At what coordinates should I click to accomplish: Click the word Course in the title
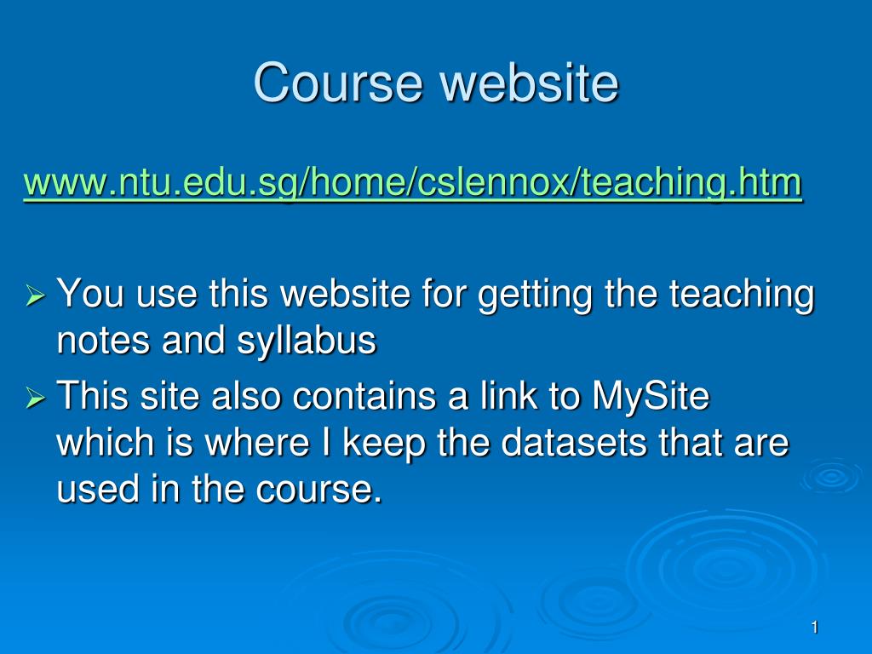tap(337, 83)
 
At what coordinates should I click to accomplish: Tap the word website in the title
tap(529, 83)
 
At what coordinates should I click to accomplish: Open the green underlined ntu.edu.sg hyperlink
tap(413, 183)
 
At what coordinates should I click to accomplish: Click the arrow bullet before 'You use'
tap(35, 294)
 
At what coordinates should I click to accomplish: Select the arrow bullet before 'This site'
tap(35, 397)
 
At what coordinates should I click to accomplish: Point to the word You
tap(90, 293)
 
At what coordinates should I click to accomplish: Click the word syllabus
tap(307, 341)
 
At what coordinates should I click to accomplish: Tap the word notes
tap(103, 341)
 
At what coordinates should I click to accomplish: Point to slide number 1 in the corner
tap(815, 628)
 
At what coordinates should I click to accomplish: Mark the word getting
tap(535, 295)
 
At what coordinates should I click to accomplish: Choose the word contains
tap(364, 397)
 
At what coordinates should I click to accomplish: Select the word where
tap(257, 443)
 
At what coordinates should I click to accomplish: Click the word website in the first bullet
tap(346, 293)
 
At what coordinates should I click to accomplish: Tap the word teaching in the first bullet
tap(742, 295)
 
